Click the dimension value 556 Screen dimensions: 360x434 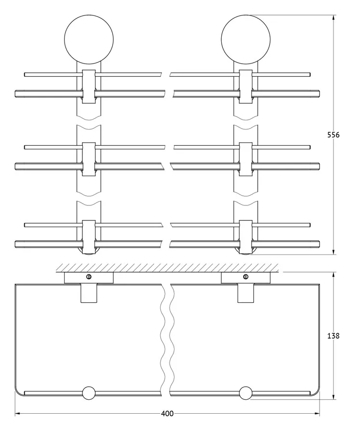tap(333, 135)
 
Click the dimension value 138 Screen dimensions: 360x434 tap(333, 336)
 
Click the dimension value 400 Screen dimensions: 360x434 tap(167, 414)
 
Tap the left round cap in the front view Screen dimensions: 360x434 tap(89, 40)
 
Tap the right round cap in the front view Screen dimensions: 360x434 tap(246, 40)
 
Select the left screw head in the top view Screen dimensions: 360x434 tap(89, 276)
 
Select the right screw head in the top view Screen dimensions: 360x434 tap(246, 276)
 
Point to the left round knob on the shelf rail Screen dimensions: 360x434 tap(89, 393)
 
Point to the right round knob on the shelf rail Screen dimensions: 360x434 tap(246, 393)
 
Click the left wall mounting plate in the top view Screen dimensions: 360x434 tap(89, 278)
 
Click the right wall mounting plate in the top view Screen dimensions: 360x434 tap(246, 278)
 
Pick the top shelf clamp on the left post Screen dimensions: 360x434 tap(89, 86)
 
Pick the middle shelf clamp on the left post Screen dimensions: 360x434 tap(89, 159)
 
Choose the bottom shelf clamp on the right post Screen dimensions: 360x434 tap(246, 237)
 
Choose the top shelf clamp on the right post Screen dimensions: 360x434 tap(246, 86)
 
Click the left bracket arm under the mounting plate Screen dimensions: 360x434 tap(89, 293)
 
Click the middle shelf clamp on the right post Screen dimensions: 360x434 tap(246, 159)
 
